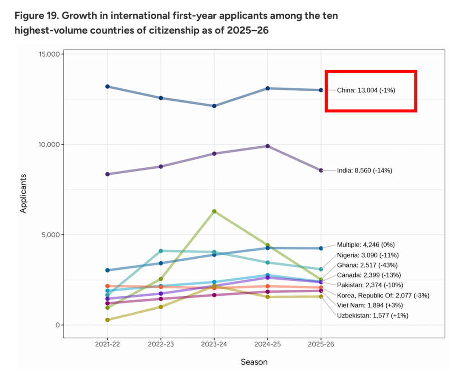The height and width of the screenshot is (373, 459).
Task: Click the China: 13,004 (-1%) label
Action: coord(366,90)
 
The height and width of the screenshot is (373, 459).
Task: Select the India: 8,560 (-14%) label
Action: coord(364,170)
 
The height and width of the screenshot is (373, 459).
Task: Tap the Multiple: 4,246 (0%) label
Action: coord(366,245)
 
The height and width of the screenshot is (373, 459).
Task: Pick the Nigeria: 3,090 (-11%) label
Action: coord(368,255)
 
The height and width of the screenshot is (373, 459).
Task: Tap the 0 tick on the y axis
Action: coord(59,325)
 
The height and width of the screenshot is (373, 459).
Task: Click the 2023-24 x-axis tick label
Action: coord(214,345)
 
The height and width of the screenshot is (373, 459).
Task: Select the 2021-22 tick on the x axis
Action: coord(108,345)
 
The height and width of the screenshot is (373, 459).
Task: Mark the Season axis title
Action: coord(254,362)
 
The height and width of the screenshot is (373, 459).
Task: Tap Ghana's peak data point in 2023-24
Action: coord(214,211)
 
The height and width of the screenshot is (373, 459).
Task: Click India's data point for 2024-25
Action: coord(267,146)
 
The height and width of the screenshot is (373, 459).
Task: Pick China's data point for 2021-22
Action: coord(108,86)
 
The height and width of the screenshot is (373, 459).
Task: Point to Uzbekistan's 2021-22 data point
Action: coord(108,320)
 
